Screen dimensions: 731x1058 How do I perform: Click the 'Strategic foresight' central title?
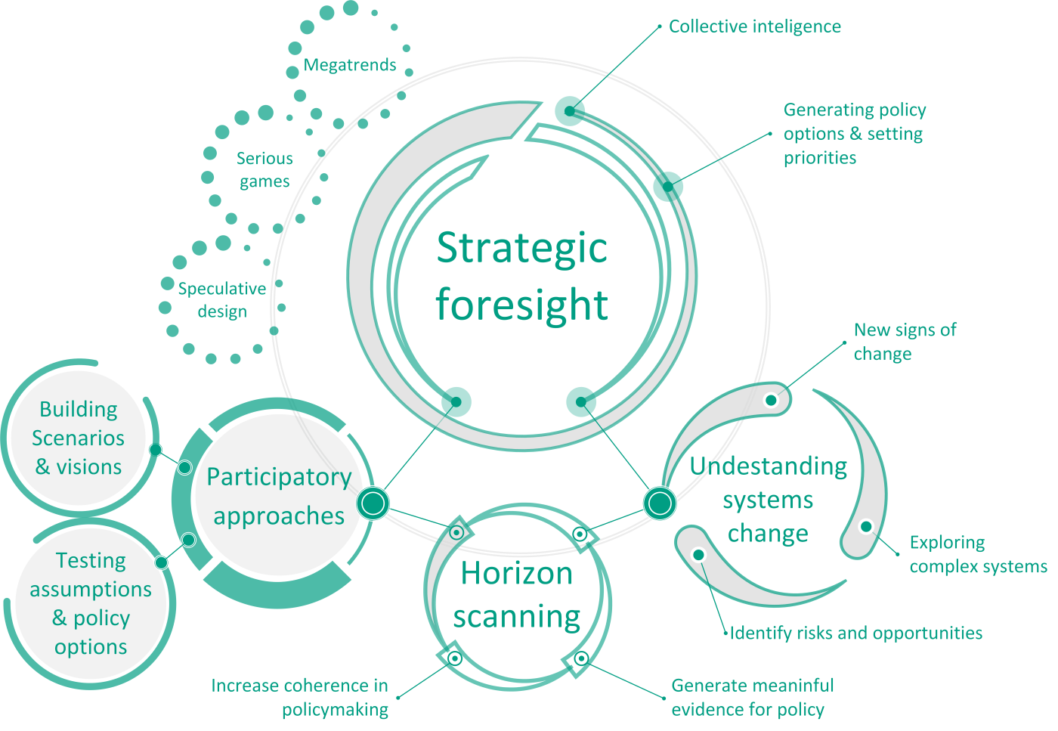click(x=522, y=277)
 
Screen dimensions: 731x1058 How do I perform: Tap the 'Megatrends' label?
click(x=350, y=65)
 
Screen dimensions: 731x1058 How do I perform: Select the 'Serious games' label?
click(x=264, y=170)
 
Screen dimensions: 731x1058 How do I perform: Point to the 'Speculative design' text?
click(x=222, y=300)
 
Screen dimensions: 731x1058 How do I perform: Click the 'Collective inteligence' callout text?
click(x=754, y=26)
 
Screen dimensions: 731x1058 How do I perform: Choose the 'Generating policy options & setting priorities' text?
click(x=854, y=134)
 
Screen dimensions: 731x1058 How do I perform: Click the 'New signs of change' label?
click(x=905, y=342)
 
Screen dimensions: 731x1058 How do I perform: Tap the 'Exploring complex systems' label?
click(x=978, y=554)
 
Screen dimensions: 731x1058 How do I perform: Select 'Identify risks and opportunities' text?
click(x=856, y=633)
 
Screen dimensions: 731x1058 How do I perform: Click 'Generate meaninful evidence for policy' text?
click(x=752, y=697)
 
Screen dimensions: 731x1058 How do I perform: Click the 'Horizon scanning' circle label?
click(x=517, y=595)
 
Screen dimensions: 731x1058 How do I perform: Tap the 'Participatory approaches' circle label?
click(x=279, y=497)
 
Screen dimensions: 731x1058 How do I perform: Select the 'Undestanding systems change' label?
click(x=768, y=500)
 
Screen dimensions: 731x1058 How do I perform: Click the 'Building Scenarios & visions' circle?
click(x=79, y=438)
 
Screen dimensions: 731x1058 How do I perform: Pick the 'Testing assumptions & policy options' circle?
click(x=91, y=603)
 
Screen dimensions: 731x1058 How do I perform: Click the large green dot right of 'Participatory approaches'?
click(x=373, y=503)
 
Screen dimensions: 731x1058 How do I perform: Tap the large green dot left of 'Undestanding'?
click(x=660, y=503)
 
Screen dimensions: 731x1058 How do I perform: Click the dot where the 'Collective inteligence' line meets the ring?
click(x=570, y=111)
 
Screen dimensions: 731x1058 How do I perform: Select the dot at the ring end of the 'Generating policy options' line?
click(x=668, y=186)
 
